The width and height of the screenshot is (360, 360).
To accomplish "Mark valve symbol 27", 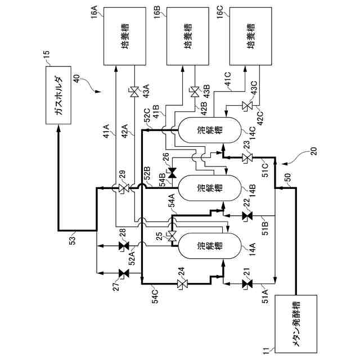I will pos(123,273).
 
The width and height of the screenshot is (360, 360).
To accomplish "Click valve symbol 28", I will pos(123,246).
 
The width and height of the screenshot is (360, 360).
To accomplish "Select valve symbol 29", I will pos(123,188).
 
